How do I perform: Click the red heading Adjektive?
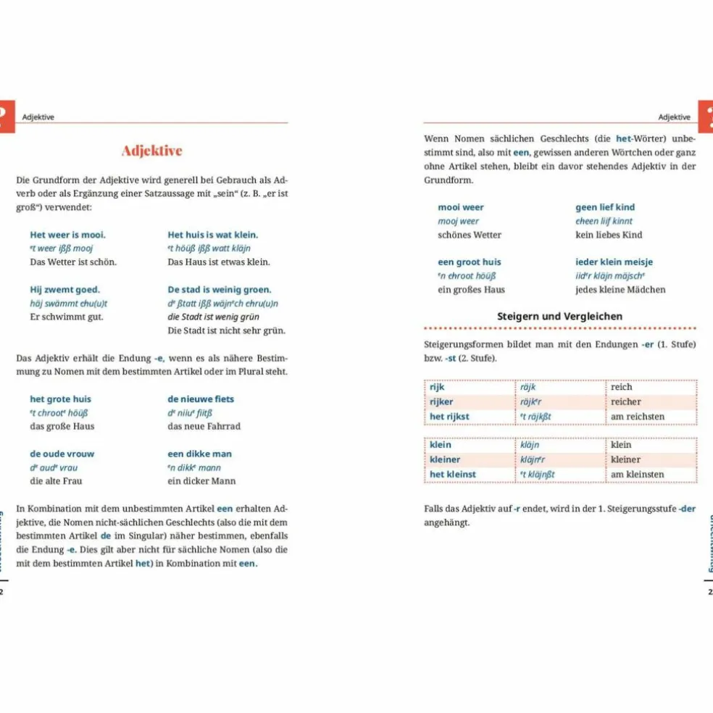[x=151, y=151]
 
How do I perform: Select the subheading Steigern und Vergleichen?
[x=559, y=316]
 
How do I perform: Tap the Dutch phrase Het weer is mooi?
[x=67, y=235]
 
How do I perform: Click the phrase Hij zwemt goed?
[x=64, y=290]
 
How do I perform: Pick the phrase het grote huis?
[x=60, y=399]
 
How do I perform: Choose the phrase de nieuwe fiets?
[x=201, y=399]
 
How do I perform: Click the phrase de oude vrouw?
[x=62, y=454]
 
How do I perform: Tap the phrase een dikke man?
[x=199, y=454]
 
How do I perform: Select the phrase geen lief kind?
[x=605, y=207]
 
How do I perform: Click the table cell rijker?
[x=441, y=402]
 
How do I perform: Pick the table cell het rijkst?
[x=449, y=417]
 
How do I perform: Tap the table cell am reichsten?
[x=637, y=417]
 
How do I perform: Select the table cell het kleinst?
[x=452, y=475]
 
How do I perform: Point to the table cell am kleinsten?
[x=637, y=475]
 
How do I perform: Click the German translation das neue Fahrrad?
[x=204, y=426]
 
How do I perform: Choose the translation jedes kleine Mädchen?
[x=620, y=290]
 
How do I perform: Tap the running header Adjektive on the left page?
[x=38, y=117]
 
